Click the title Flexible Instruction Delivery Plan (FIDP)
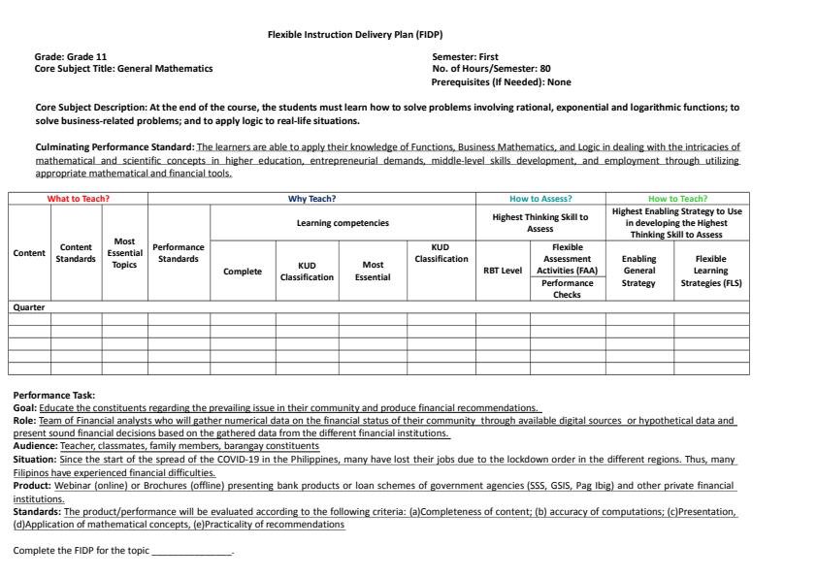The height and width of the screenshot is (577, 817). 354,34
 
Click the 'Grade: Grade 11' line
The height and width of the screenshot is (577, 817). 71,57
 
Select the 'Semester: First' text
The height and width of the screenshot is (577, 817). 466,57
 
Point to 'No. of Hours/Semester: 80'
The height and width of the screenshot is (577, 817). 491,69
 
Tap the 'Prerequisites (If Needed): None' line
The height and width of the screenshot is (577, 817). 501,81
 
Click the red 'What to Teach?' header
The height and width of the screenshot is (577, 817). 79,199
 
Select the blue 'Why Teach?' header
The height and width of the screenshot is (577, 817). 311,199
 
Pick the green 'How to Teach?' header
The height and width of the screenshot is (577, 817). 677,199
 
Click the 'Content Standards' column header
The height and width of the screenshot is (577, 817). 76,253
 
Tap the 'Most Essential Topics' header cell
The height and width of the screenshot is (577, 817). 124,253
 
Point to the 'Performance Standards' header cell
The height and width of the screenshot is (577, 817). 179,253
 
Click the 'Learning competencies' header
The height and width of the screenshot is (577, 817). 343,223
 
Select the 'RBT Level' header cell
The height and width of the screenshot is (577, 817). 503,271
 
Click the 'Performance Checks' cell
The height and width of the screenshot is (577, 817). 568,288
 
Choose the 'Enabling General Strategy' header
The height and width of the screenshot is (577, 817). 638,271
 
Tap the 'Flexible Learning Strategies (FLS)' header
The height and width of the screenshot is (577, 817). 711,271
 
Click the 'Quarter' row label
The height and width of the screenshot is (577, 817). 29,307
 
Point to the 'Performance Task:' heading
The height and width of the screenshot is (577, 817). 54,395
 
